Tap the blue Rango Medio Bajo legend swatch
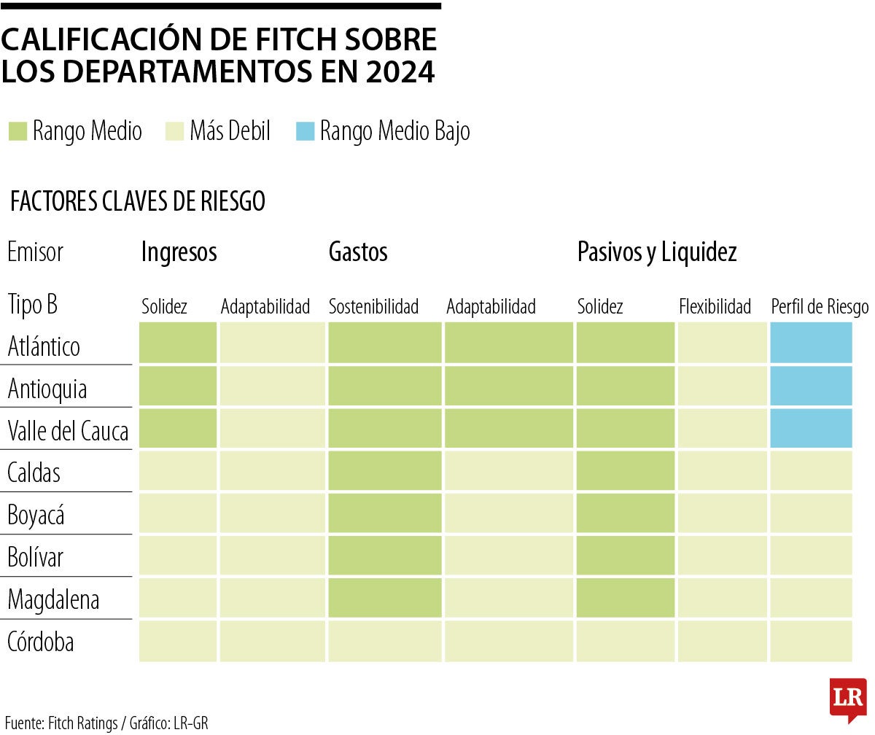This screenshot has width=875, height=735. click(x=306, y=131)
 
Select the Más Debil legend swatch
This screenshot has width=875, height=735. click(x=175, y=131)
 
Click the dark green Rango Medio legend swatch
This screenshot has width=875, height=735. click(x=17, y=131)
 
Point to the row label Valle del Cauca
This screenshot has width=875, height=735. click(x=68, y=431)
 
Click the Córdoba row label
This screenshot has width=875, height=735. click(x=40, y=642)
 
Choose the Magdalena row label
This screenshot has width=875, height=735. click(x=53, y=600)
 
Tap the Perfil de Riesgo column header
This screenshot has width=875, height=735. click(x=820, y=307)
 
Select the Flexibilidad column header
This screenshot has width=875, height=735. click(x=715, y=307)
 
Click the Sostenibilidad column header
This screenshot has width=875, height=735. click(x=373, y=307)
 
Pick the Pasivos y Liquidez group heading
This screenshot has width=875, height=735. click(x=657, y=252)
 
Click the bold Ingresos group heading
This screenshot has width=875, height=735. click(x=179, y=252)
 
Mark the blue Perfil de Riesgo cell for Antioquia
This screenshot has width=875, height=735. click(x=811, y=386)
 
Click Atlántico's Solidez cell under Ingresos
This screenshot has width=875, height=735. click(x=178, y=343)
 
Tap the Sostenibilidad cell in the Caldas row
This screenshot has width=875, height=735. click(x=385, y=470)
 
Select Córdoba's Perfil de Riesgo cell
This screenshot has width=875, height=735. click(x=811, y=641)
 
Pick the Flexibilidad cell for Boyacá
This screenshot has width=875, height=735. click(x=722, y=513)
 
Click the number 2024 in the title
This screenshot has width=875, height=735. click(x=400, y=72)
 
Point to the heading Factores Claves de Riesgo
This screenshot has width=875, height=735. click(x=137, y=202)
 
